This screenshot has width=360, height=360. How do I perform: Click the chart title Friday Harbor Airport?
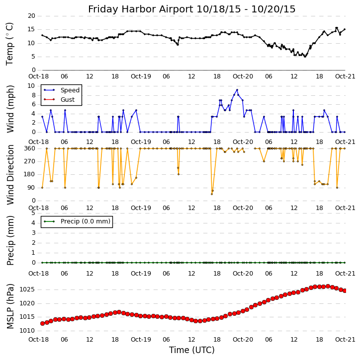(x=191, y=9)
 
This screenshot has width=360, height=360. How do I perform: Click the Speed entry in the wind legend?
(x=70, y=90)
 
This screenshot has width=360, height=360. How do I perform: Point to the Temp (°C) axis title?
(x=10, y=43)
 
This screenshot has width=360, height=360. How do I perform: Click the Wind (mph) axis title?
(x=10, y=108)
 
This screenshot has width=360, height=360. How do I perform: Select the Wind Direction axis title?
(x=10, y=174)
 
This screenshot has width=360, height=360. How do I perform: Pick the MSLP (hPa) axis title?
(x=10, y=306)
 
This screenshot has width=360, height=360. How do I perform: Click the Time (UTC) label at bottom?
(x=191, y=350)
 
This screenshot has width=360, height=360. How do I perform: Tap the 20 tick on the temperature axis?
(x=31, y=16)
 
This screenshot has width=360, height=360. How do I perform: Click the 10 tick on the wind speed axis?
(x=31, y=86)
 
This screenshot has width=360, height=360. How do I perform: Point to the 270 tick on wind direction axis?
(x=29, y=161)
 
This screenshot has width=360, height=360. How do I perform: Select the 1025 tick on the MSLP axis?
(x=27, y=289)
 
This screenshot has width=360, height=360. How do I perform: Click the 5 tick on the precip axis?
(x=33, y=213)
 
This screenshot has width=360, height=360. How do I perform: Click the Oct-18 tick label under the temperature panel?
(x=39, y=77)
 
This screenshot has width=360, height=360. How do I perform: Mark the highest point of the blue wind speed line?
(x=237, y=90)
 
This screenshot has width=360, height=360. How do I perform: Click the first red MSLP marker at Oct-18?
(x=42, y=323)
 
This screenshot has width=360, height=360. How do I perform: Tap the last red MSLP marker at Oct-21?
(x=345, y=290)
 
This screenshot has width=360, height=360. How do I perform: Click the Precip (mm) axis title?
(x=10, y=240)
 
